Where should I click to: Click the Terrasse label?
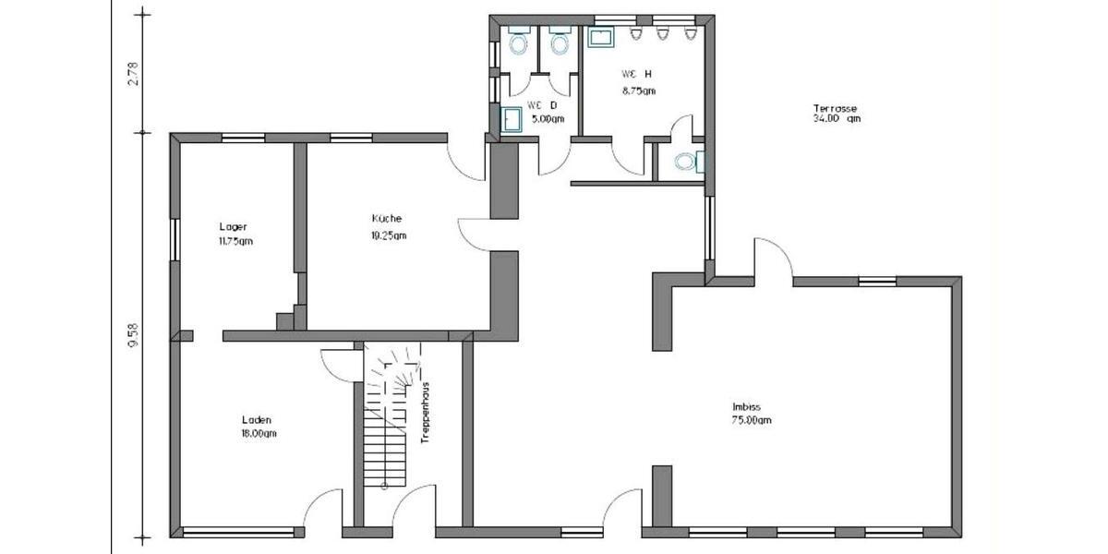coord(836,107)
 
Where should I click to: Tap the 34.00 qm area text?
coord(836,118)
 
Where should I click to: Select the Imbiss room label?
coord(746,407)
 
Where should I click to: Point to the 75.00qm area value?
coord(751,420)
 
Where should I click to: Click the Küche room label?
coord(386,219)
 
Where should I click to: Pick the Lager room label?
coord(233,227)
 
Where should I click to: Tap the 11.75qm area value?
coord(235,241)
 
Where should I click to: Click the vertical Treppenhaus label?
coord(426,412)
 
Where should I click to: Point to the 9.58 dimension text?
coord(133,334)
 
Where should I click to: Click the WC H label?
coord(636,74)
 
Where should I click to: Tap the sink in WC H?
coord(600,38)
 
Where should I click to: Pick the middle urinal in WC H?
coord(663,34)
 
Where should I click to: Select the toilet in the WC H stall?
coord(685,162)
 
